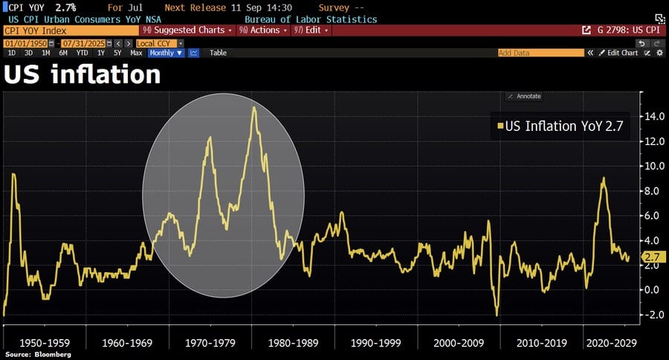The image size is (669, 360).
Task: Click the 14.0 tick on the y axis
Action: pos(653,116)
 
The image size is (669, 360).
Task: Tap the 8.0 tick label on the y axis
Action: pos(653,190)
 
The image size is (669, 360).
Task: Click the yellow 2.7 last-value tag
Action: pos(653,257)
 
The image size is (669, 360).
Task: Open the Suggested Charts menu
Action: pos(187,30)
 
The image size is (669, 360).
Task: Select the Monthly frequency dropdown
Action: pos(164,53)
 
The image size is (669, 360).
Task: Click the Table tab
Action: pos(218,53)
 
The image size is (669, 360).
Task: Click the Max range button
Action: pos(136,53)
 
